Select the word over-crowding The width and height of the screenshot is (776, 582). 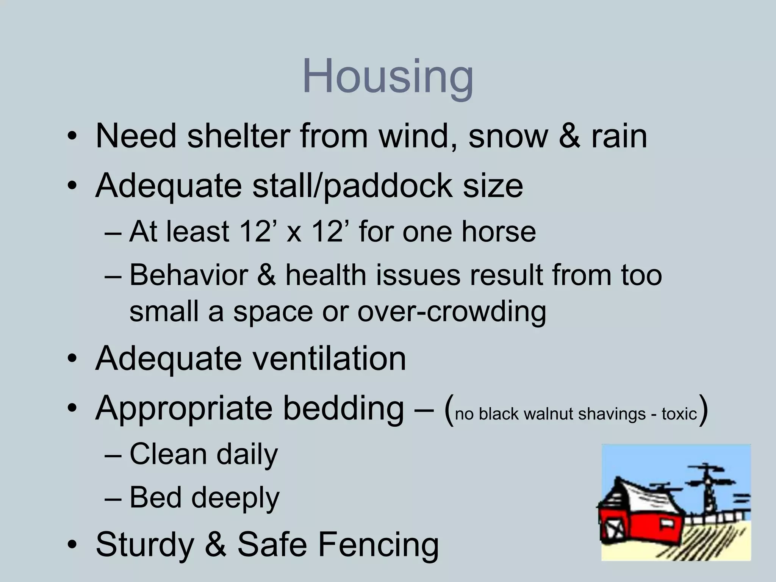tap(452, 311)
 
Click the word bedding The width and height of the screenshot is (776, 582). tap(343, 408)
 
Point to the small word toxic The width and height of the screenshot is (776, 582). tap(679, 414)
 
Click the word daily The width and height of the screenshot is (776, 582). tap(247, 454)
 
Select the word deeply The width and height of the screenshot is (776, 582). tap(235, 498)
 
